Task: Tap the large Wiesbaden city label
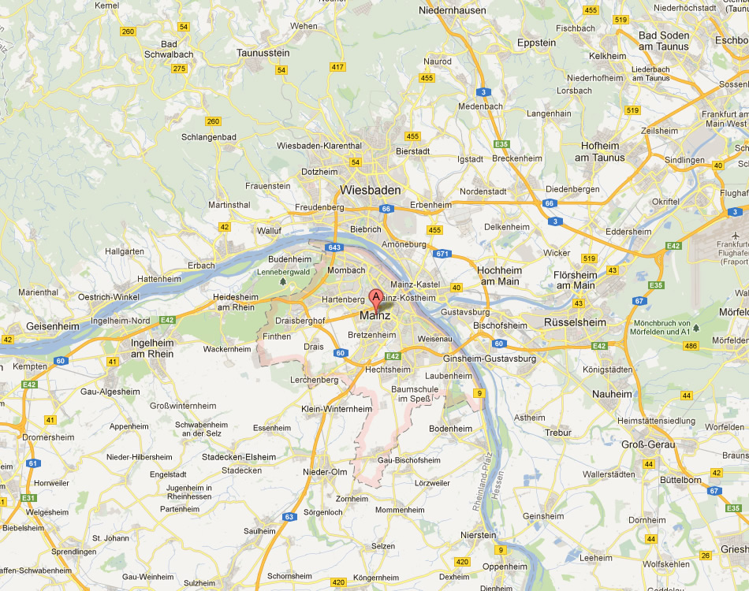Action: [370, 190]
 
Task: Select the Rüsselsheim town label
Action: [575, 322]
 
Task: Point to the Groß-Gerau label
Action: [648, 444]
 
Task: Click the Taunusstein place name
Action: [263, 53]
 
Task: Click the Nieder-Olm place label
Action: [325, 472]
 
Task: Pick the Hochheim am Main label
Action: [498, 276]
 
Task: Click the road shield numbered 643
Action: [335, 247]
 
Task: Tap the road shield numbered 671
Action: [442, 253]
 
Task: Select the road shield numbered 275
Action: [179, 69]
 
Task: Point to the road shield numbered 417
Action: [338, 67]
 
